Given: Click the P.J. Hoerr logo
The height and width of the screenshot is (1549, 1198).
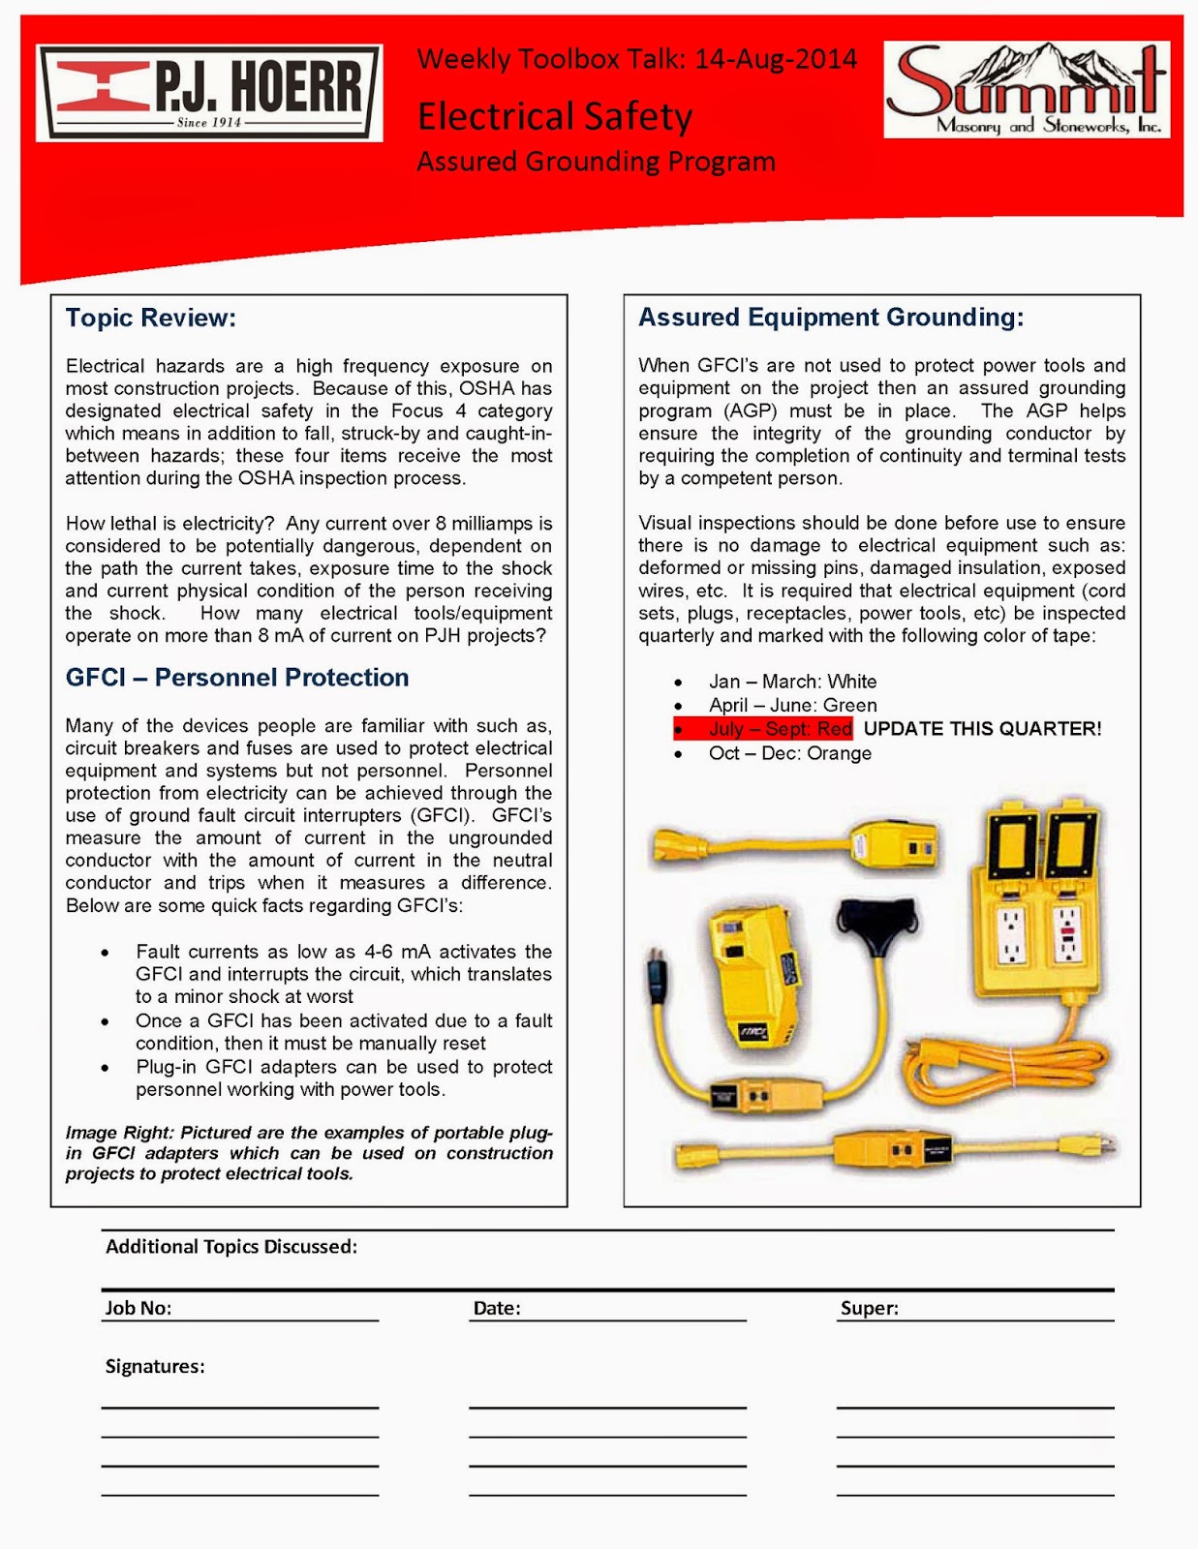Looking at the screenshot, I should coord(209,93).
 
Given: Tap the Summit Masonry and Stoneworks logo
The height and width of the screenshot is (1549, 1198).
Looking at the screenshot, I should coord(1026,90).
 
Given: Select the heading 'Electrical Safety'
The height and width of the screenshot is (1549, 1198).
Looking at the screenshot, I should coord(555,117).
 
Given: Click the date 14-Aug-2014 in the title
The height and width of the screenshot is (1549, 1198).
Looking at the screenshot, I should coord(776,60).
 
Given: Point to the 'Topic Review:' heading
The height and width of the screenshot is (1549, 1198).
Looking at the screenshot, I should coord(150,318).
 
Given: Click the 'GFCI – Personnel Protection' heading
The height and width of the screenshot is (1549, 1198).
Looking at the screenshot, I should coord(237,678).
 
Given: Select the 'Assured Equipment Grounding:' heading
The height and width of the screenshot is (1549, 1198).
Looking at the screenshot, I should coord(830,318).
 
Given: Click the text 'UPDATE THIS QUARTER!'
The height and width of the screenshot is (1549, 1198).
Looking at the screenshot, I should coord(982,729).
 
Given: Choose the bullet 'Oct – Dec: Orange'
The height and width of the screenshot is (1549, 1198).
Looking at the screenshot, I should coord(789,753).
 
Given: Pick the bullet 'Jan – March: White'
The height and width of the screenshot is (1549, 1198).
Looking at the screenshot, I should coord(792,682).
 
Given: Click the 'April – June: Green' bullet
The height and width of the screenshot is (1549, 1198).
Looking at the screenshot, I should coord(792,706).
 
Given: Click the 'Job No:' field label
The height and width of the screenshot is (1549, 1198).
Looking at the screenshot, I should coord(138,1308).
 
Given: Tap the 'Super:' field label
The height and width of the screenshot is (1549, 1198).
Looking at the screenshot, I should coord(869,1308).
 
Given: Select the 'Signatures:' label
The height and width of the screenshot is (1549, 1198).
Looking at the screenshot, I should coord(155,1366).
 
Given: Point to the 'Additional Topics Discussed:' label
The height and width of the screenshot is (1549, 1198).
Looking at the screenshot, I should coord(231,1247).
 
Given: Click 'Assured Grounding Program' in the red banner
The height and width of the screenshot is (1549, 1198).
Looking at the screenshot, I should coord(596,162).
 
